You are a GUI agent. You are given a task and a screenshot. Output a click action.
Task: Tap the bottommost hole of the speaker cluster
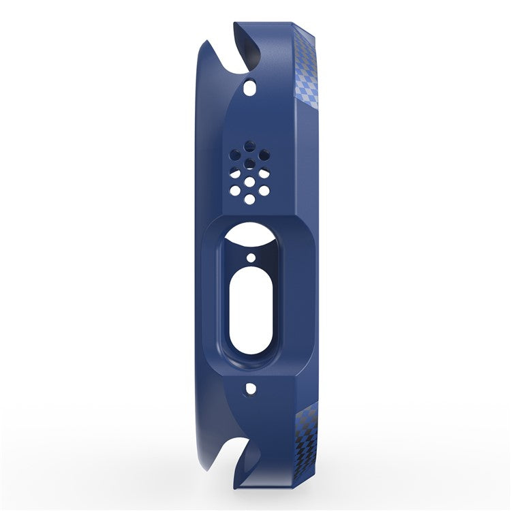tap(250, 199)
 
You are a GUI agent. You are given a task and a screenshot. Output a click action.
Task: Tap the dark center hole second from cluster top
tap(250, 162)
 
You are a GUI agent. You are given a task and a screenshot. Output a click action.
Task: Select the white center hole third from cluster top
tap(250, 181)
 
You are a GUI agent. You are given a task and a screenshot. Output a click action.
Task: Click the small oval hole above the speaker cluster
tap(250, 88)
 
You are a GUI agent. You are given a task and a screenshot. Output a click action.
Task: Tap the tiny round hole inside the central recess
tap(250, 259)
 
